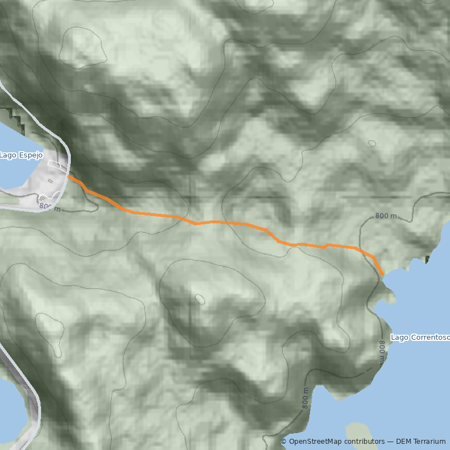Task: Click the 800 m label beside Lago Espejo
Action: [49, 207]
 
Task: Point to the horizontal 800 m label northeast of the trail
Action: [386, 216]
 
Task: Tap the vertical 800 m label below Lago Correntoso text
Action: [381, 352]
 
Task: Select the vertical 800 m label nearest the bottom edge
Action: [305, 398]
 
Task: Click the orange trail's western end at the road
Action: [69, 177]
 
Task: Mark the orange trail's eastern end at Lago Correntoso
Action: [382, 274]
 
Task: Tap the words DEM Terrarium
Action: [421, 442]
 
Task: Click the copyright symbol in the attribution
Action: [283, 442]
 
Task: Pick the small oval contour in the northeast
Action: [372, 143]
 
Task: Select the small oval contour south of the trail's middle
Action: [199, 298]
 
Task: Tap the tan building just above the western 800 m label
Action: [43, 198]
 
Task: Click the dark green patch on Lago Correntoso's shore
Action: [427, 259]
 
